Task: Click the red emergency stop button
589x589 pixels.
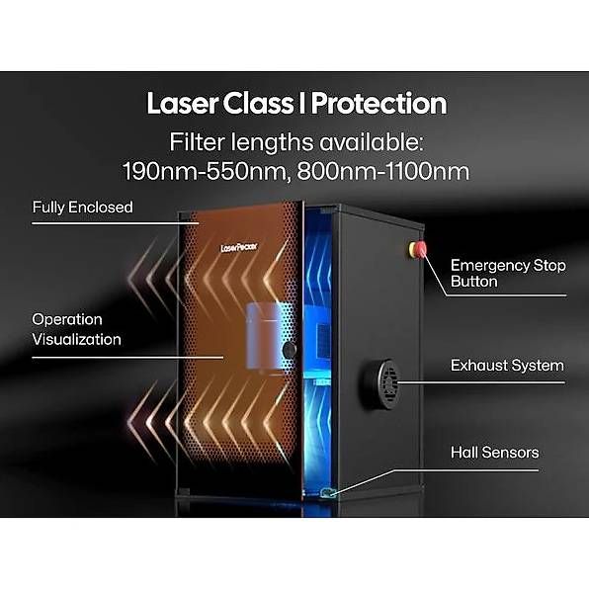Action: coord(418,248)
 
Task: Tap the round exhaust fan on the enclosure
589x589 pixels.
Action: coord(380,383)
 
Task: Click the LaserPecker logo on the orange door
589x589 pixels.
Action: coord(239,247)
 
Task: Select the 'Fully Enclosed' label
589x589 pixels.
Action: coord(82,208)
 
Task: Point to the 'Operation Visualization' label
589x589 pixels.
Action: coord(76,329)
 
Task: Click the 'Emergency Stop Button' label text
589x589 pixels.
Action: coord(508,273)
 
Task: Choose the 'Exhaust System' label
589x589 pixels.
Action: coord(507,366)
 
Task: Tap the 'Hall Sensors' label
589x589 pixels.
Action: coord(494,453)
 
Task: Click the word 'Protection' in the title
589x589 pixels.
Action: coord(379,104)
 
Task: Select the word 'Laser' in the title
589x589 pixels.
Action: coord(182,104)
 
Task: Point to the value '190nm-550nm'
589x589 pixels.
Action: coord(205,171)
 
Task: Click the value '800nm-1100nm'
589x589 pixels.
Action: coord(383,171)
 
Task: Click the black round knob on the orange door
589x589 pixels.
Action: coord(290,350)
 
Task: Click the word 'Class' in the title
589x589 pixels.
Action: coord(258,104)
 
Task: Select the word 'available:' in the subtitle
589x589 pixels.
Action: coord(372,142)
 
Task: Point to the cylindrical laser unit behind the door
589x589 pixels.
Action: coord(265,337)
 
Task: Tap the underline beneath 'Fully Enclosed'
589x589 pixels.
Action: coord(115,223)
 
